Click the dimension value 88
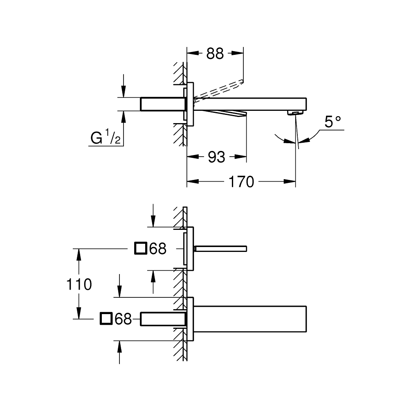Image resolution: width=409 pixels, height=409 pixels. tap(215, 53)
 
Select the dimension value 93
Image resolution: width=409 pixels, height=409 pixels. tap(216, 157)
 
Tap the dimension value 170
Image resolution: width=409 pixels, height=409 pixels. tap(241, 182)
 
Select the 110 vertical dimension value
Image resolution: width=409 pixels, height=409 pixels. tap(79, 284)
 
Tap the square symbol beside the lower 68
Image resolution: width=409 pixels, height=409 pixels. tap(106, 319)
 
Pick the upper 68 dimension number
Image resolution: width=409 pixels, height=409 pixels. tap(158, 248)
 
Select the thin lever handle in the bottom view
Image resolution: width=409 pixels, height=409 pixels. tap(221, 248)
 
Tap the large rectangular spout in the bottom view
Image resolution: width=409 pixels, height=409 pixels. tap(249, 319)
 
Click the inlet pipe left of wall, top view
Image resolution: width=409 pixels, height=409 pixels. tap(162, 104)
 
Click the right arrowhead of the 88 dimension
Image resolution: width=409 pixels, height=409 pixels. tap(240, 53)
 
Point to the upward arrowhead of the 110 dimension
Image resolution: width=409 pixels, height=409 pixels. tap(79, 252)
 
